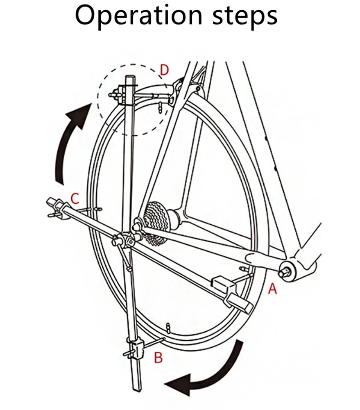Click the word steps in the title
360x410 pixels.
tap(245, 16)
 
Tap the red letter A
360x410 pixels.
tap(272, 289)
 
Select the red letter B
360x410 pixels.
tap(158, 358)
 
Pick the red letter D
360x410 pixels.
tap(164, 70)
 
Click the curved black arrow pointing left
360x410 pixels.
tap(209, 371)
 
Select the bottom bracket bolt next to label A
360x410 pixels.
tap(284, 272)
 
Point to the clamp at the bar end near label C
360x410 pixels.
tap(55, 206)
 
